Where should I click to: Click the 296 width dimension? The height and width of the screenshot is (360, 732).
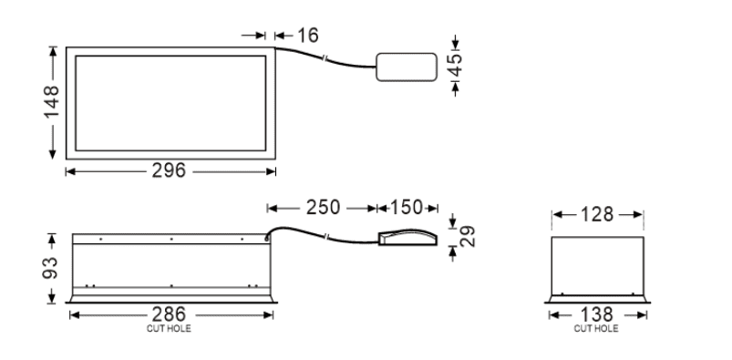(169, 171)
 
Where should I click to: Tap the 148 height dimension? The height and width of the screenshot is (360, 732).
(51, 102)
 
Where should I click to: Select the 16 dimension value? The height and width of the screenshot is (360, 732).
(308, 36)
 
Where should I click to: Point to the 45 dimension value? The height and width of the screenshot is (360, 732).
(455, 66)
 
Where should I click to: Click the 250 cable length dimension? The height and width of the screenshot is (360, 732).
(323, 208)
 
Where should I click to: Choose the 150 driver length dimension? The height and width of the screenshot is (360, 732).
(407, 208)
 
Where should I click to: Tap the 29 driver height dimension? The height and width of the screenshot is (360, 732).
(468, 236)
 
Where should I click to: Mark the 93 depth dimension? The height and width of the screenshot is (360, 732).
(50, 268)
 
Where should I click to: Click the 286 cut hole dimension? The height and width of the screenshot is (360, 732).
(169, 314)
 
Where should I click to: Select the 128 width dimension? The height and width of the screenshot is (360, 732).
(596, 215)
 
